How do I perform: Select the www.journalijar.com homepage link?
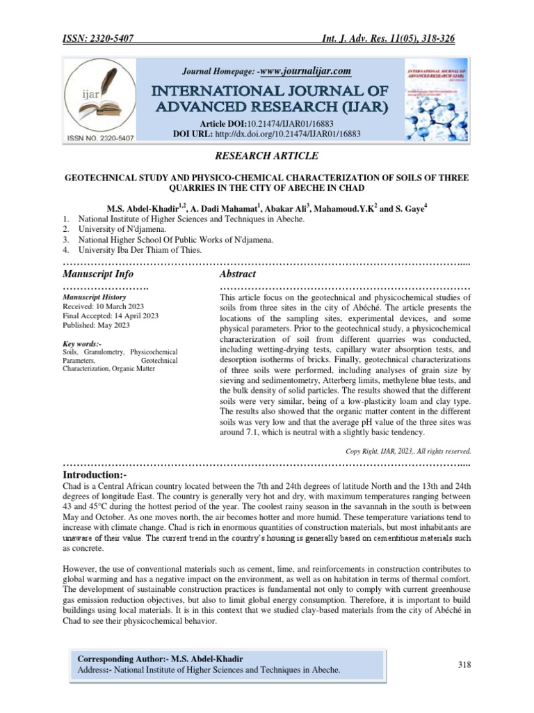303,71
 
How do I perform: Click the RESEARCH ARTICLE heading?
266,155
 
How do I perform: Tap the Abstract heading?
237,274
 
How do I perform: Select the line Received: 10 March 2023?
104,306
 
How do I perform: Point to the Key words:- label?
82,343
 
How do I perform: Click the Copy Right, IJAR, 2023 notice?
408,450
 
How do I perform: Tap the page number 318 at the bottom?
464,665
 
